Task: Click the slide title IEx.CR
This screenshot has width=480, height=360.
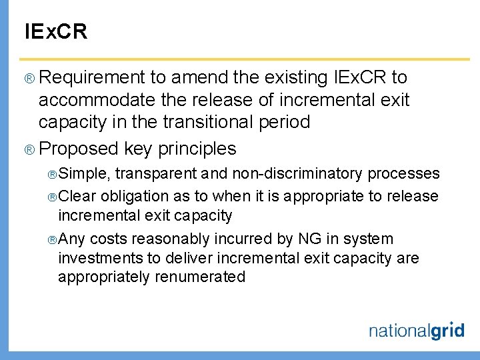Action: [55, 31]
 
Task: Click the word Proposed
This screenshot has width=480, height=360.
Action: [78, 148]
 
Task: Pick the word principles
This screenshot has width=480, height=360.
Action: [197, 148]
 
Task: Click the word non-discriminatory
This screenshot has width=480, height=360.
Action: [297, 174]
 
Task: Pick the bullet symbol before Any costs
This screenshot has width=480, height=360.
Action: [52, 239]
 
